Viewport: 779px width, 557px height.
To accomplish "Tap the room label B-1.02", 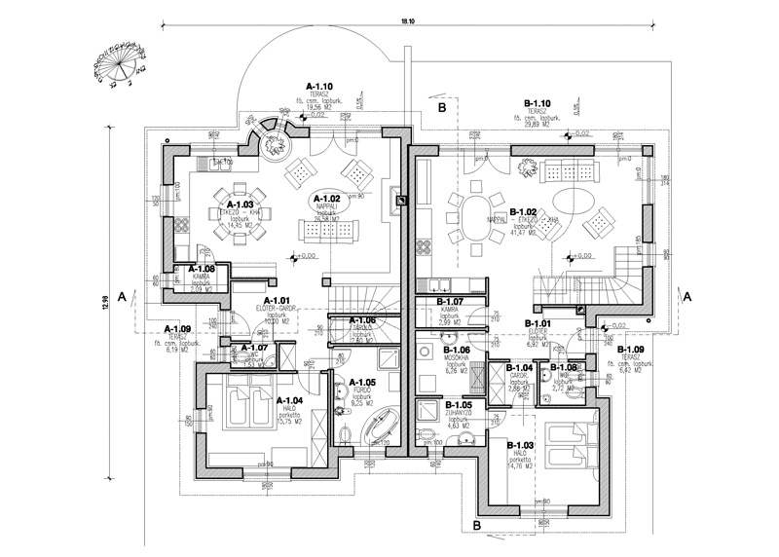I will coord(524,211).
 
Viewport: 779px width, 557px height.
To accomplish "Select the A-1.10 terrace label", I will coord(320,86).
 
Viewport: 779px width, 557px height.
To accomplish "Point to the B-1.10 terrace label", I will coord(538,102).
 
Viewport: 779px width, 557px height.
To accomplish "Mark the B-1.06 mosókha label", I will coord(457,350).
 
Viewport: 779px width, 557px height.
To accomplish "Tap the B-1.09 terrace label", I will coord(631,350).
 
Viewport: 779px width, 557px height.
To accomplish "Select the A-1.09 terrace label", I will coord(177,329).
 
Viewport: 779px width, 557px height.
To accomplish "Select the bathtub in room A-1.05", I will coord(379,427).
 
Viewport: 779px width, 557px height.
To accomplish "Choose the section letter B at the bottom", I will coord(477,526).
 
